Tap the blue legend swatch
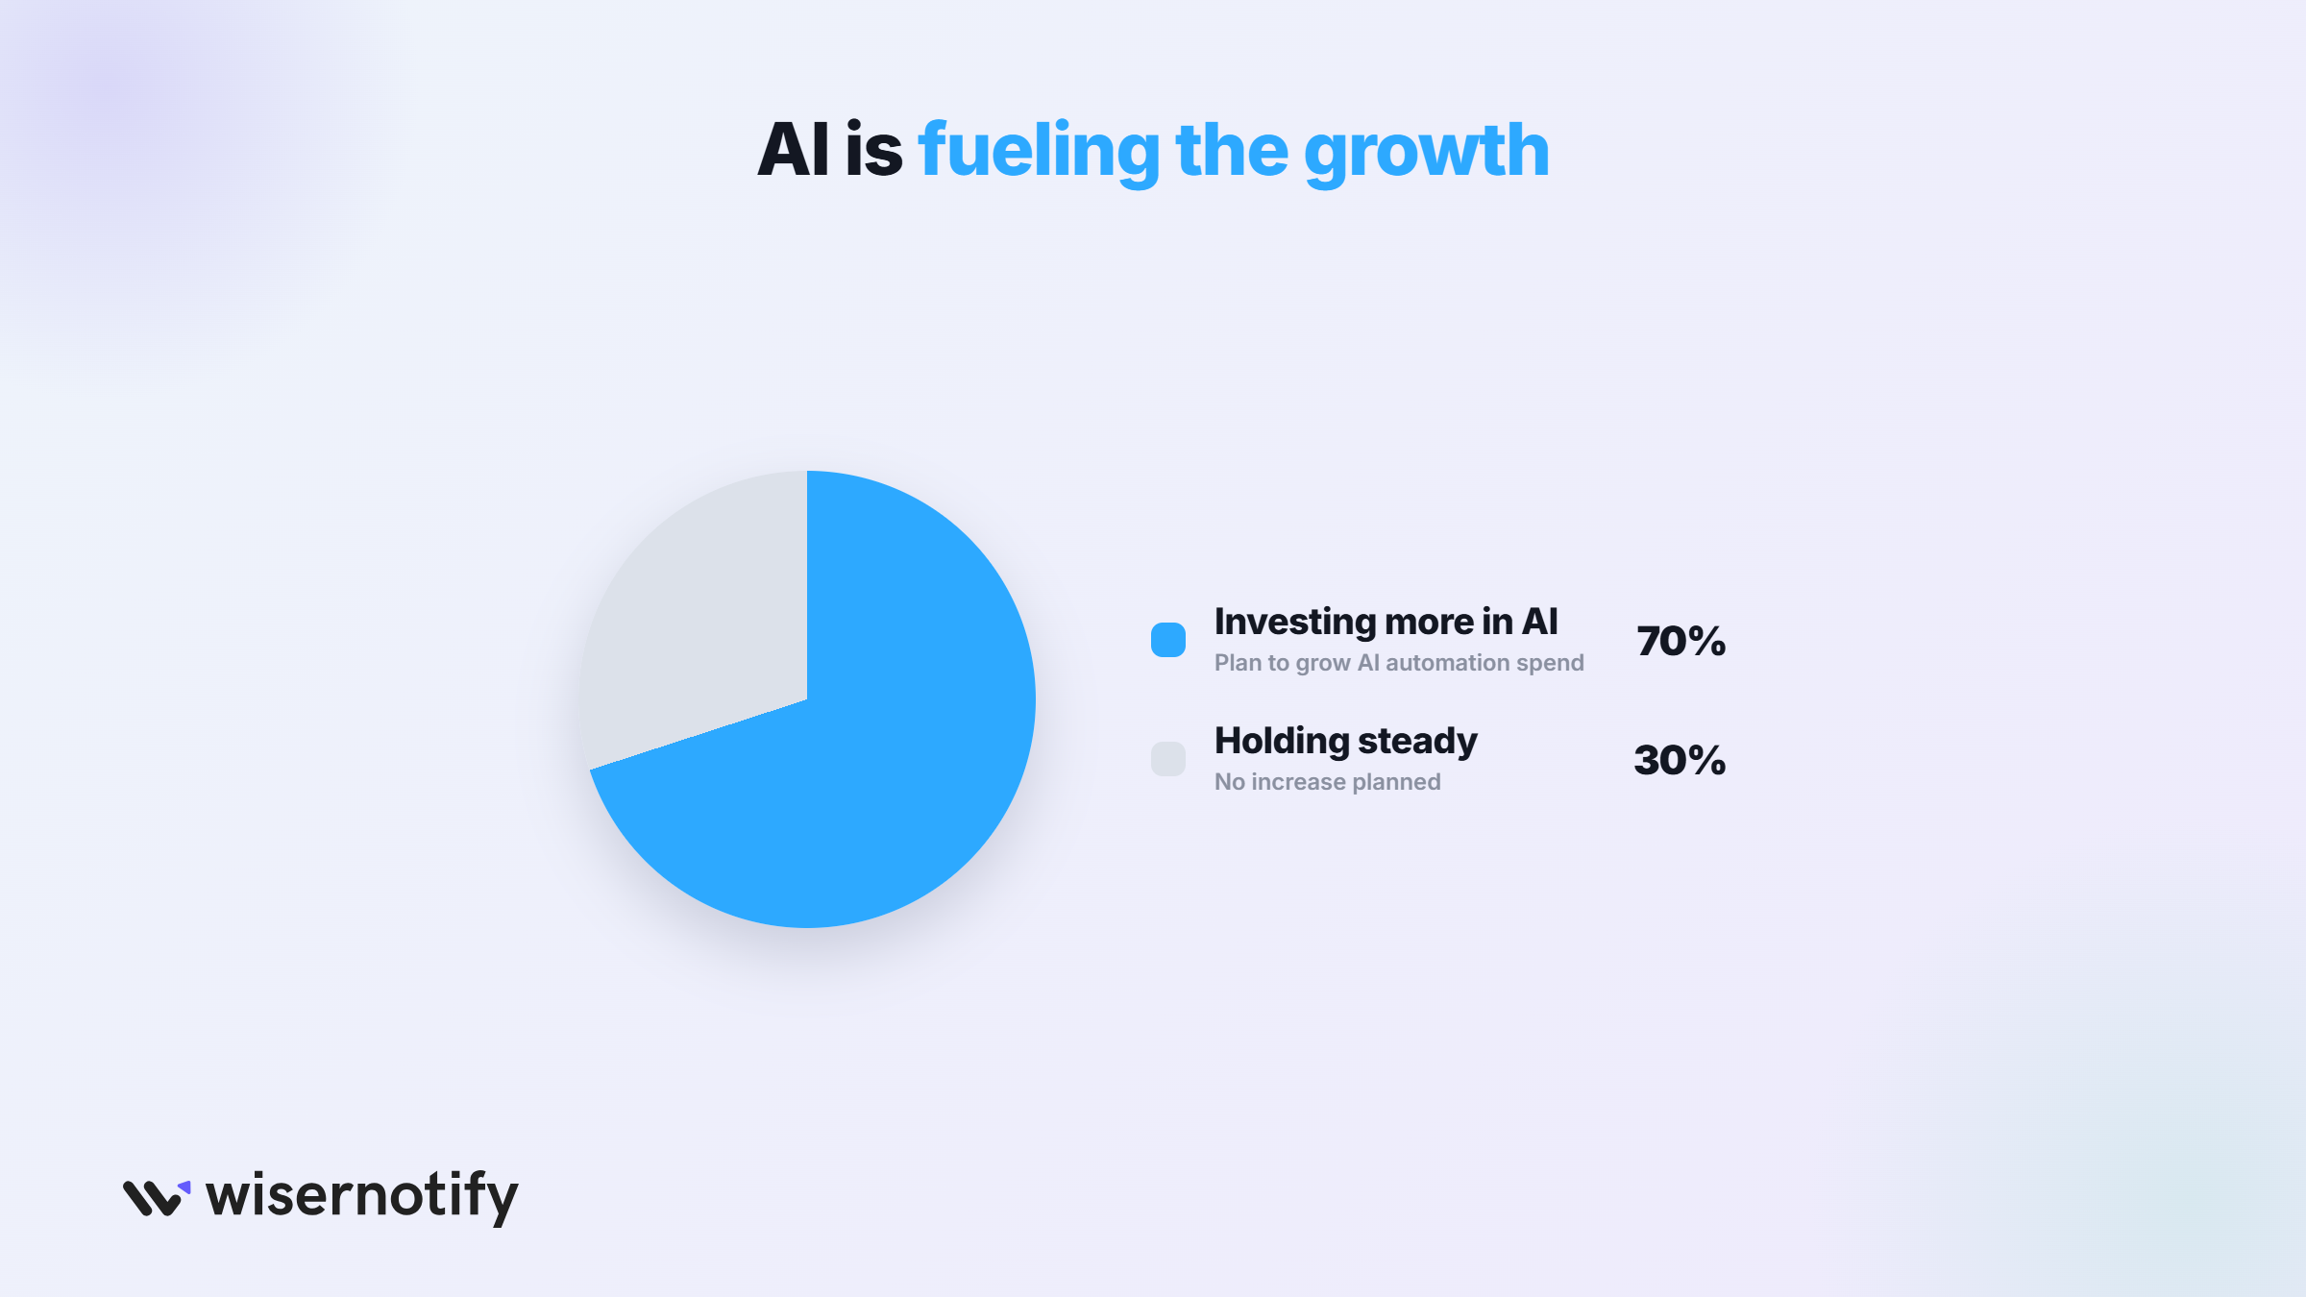(x=1168, y=640)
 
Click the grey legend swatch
(x=1168, y=759)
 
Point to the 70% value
(x=1681, y=641)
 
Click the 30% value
(x=1680, y=760)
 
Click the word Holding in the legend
(x=1282, y=741)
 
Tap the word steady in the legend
(x=1417, y=743)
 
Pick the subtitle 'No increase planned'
(x=1328, y=782)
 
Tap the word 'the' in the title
(x=1232, y=150)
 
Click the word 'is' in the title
(x=874, y=150)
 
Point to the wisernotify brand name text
(x=362, y=1197)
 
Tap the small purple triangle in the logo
(x=184, y=1187)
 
